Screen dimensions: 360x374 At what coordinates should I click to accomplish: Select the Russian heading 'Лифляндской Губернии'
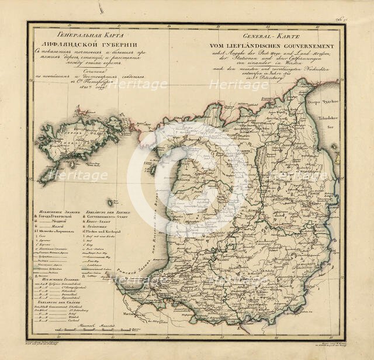[69, 46]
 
